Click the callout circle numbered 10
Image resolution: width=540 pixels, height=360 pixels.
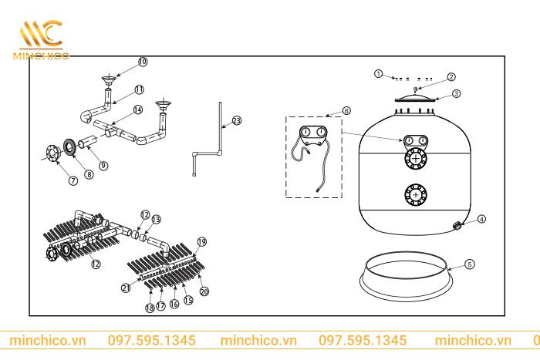coord(142,61)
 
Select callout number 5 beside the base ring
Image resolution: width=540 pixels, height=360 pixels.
coord(470,264)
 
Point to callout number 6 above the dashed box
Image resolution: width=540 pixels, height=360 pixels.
coord(346,111)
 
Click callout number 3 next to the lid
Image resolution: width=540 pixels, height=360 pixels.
coord(456,93)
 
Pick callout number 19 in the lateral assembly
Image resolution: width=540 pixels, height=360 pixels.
coord(202,242)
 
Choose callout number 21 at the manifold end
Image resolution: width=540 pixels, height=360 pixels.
coord(125,287)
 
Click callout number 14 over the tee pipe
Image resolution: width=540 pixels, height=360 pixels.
coord(137,110)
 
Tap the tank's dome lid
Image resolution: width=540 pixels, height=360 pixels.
coord(417,99)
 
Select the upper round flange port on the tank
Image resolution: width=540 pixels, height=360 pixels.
coord(417,160)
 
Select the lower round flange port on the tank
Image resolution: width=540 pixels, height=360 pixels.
coord(417,195)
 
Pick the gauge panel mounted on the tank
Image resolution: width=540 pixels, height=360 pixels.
coord(417,140)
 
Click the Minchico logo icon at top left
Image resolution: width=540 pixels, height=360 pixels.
coord(41,35)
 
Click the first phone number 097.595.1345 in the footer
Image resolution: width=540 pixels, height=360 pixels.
coord(151,340)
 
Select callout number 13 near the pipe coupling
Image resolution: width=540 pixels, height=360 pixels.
coord(156,220)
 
